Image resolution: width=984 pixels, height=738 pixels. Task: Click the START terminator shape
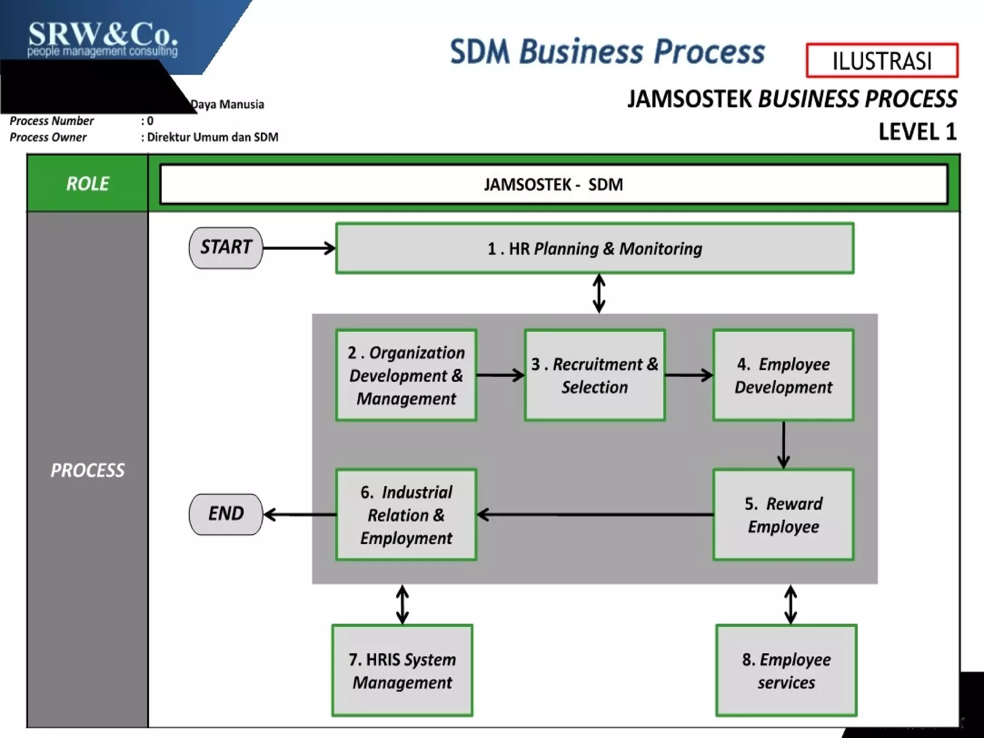226,248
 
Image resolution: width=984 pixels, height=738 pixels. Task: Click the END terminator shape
226,514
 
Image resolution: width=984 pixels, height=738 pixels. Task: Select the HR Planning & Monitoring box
594,248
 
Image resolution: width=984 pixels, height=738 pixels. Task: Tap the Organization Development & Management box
406,375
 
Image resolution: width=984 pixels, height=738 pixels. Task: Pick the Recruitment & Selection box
594,375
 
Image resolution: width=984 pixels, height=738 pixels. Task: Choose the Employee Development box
783,375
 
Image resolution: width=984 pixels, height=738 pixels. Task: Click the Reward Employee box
783,515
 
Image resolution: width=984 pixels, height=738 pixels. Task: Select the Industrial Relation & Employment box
406,515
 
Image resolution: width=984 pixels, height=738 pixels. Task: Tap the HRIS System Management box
402,671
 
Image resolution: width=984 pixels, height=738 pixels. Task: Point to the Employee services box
786,671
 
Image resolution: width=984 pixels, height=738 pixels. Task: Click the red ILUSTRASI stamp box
882,61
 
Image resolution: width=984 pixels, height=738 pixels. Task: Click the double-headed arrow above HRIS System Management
403,604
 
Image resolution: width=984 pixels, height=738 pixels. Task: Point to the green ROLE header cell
87,184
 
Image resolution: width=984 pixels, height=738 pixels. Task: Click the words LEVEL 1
917,132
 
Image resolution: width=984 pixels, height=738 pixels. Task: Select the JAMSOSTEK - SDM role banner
553,184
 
